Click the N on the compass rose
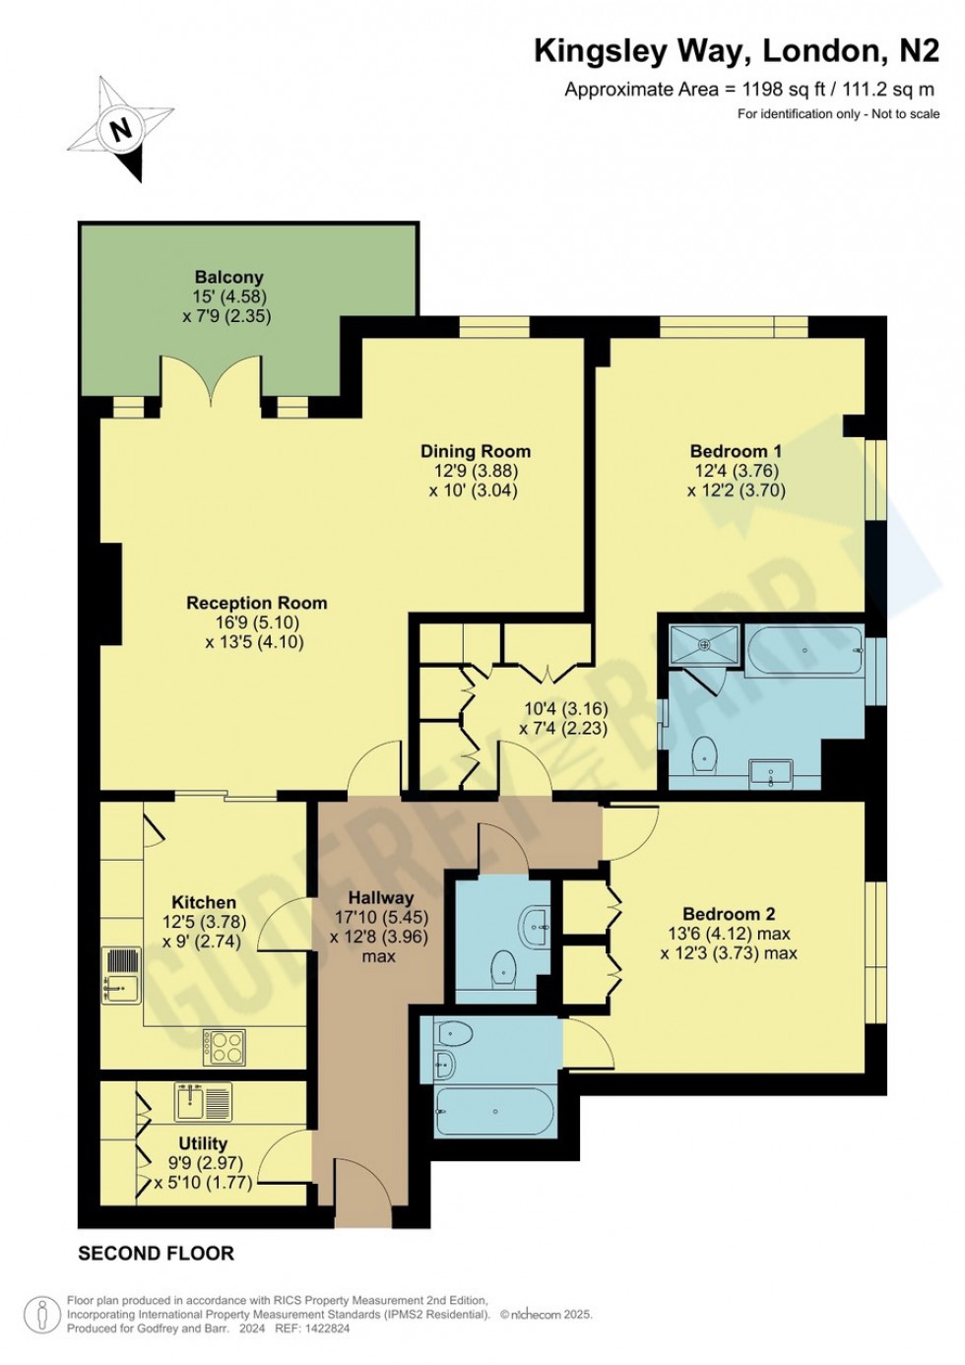121,129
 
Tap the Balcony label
228,278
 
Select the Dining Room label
475,451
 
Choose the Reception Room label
256,603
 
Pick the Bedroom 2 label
729,914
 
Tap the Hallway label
380,897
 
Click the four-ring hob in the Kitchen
224,1046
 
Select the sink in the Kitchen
121,974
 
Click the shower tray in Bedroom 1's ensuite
704,645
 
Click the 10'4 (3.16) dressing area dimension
565,708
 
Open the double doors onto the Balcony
212,384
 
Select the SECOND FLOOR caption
156,1254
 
